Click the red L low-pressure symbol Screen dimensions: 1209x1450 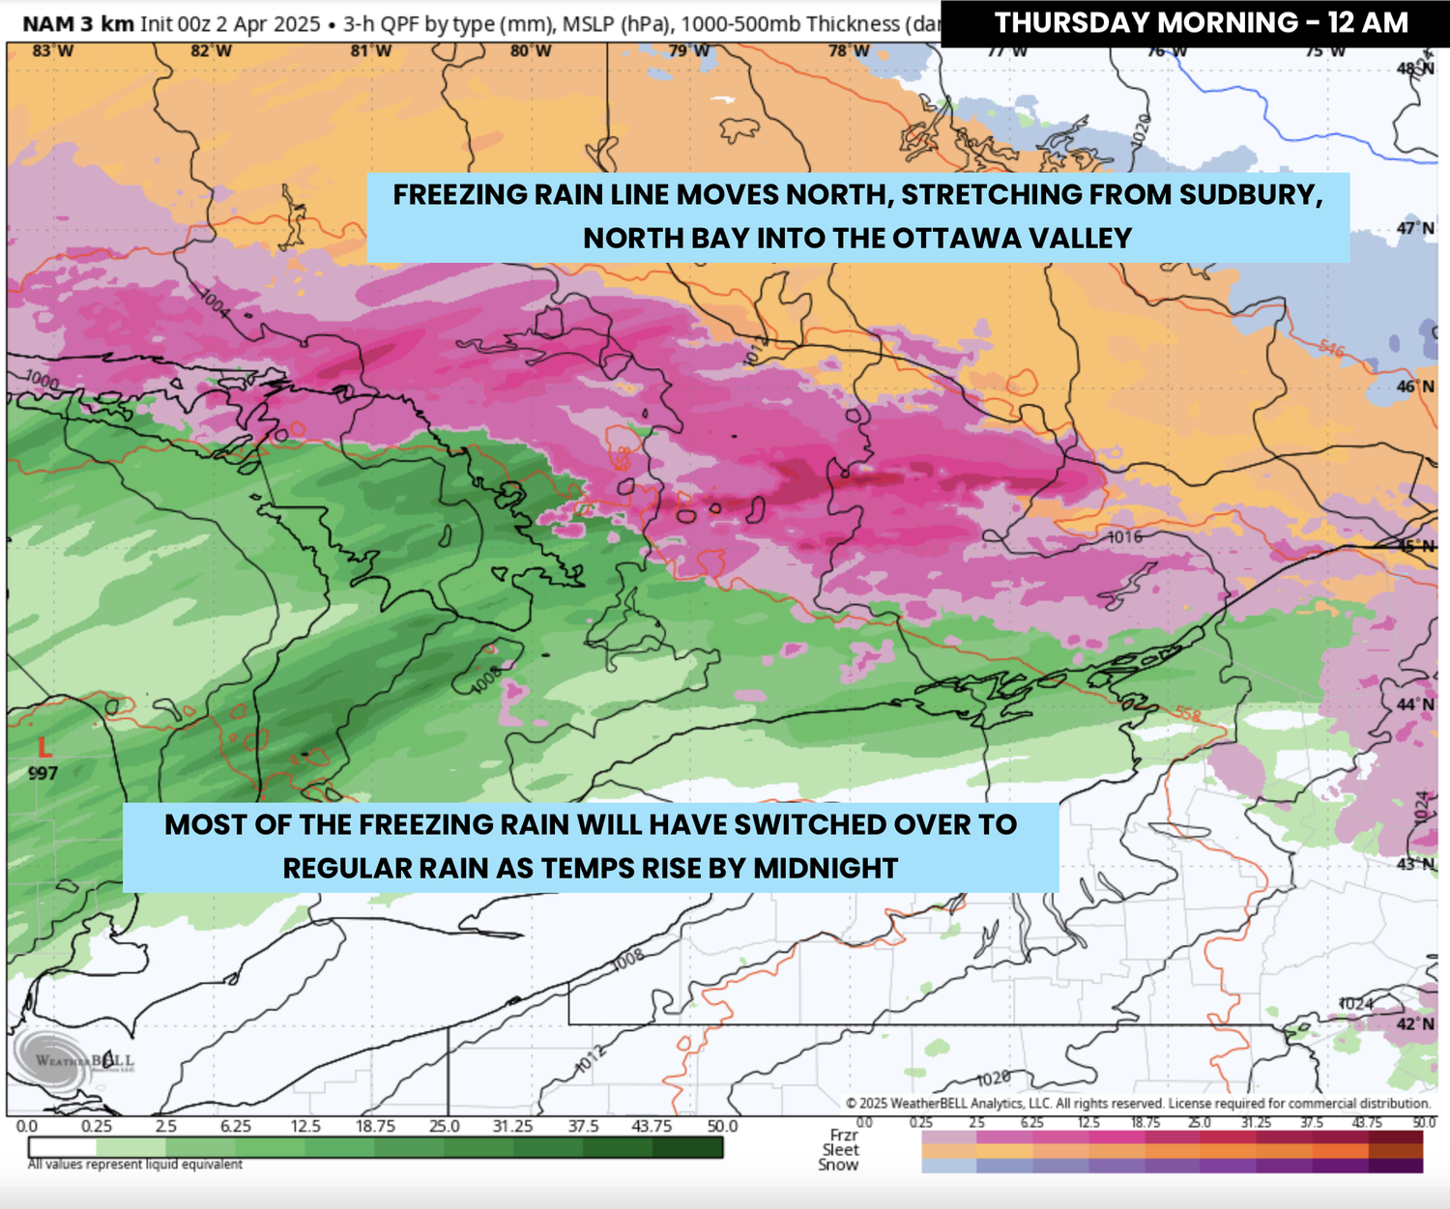pyautogui.click(x=43, y=747)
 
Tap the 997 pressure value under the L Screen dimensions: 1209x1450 pyautogui.click(x=43, y=773)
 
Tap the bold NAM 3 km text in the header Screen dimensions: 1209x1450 pyautogui.click(x=78, y=23)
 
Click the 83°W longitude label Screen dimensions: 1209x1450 pyautogui.click(x=52, y=50)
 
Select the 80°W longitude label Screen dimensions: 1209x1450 pyautogui.click(x=531, y=50)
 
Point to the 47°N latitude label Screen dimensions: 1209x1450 pyautogui.click(x=1415, y=228)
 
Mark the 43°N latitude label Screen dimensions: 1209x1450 pyautogui.click(x=1415, y=863)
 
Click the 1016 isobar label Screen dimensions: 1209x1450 pyautogui.click(x=1124, y=537)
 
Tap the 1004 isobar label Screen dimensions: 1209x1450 pyautogui.click(x=216, y=303)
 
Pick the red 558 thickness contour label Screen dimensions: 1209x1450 pyautogui.click(x=1188, y=715)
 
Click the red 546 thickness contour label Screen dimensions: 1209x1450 pyautogui.click(x=1331, y=348)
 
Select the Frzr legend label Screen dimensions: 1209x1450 pyautogui.click(x=843, y=1135)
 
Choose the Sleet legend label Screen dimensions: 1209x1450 pyautogui.click(x=840, y=1150)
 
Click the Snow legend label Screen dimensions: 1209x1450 pyautogui.click(x=838, y=1166)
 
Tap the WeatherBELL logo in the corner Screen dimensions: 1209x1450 pyautogui.click(x=73, y=1061)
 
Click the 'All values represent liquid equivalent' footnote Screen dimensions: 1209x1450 pyautogui.click(x=135, y=1165)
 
